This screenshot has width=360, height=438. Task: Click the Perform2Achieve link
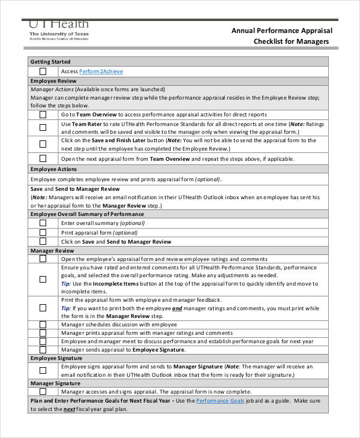tap(101, 71)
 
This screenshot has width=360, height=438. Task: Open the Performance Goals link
tap(220, 400)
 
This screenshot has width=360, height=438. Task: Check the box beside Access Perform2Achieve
tap(43, 71)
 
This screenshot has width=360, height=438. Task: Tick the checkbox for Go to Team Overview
tap(43, 114)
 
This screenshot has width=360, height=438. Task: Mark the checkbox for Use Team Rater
tap(43, 127)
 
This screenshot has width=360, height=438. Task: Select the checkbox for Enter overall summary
tap(43, 223)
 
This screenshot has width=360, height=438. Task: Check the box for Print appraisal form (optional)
tap(43, 232)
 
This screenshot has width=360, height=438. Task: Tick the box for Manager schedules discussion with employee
tap(43, 324)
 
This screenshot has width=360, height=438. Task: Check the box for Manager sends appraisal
tap(43, 349)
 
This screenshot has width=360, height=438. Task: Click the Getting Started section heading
tap(50, 62)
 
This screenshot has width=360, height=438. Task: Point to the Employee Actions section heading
tap(53, 169)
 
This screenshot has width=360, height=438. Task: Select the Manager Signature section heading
tap(55, 383)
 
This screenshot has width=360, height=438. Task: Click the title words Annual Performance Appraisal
tap(281, 30)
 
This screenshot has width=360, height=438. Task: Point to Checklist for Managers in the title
tap(291, 41)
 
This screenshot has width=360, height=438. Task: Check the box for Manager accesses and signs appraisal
tap(43, 391)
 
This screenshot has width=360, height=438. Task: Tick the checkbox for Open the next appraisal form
tap(43, 159)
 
